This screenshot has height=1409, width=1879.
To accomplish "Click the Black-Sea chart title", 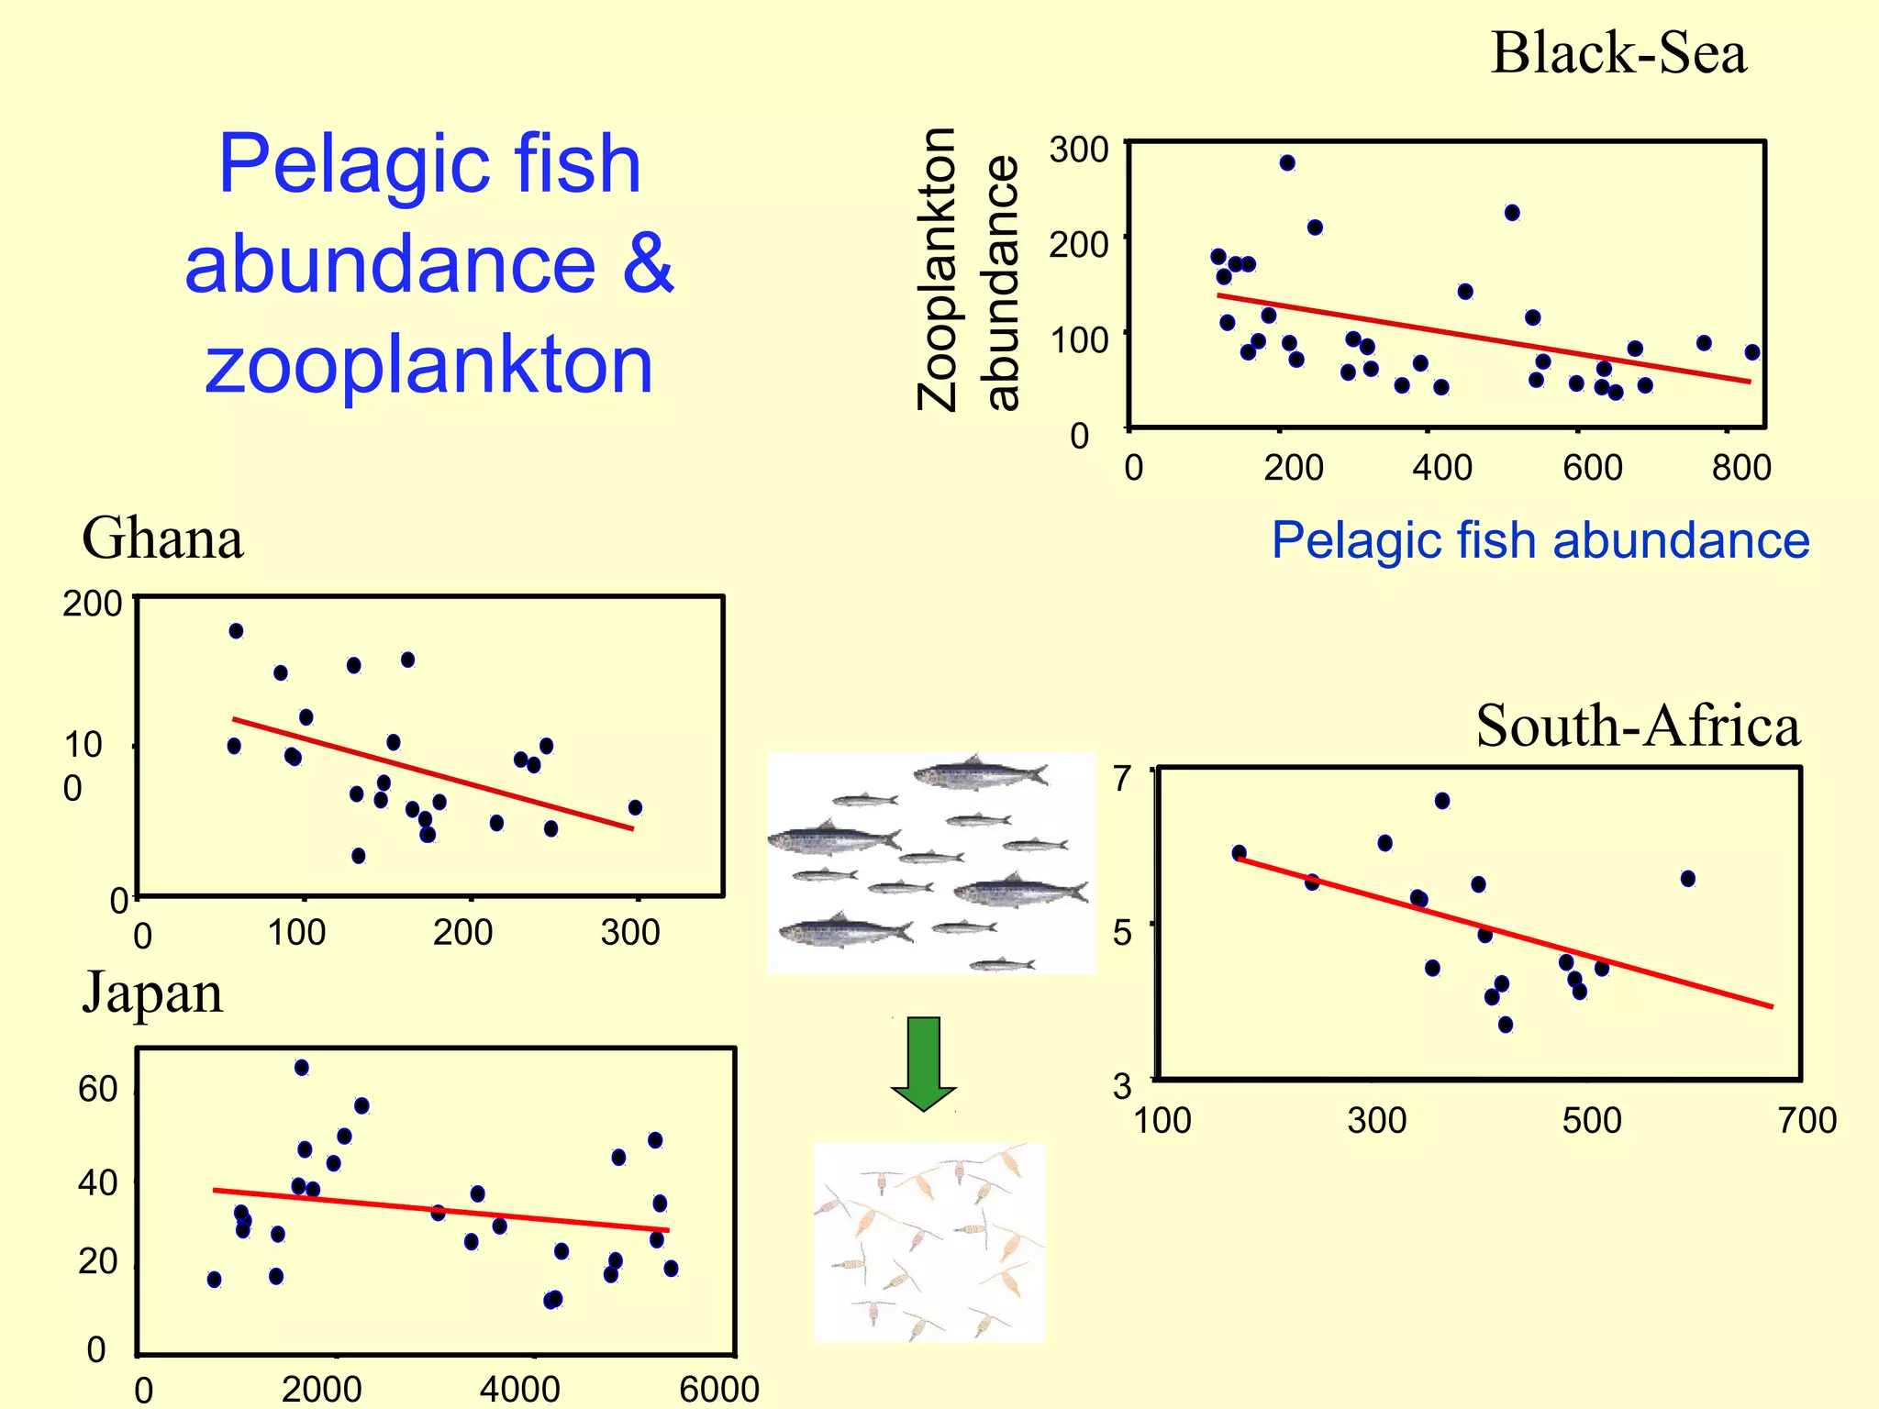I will click(x=1618, y=53).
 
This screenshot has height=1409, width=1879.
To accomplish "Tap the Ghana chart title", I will click(x=162, y=538).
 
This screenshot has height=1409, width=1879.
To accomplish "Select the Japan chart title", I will click(x=152, y=993).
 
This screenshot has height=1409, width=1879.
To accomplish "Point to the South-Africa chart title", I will click(x=1637, y=727).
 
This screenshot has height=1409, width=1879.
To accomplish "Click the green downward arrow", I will click(x=924, y=1063).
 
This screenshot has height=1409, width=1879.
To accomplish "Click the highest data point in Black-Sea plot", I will click(x=1287, y=163).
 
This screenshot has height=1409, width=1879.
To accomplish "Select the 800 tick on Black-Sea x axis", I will click(x=1740, y=468).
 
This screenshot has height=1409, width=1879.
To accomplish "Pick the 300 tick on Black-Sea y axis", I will click(x=1079, y=150).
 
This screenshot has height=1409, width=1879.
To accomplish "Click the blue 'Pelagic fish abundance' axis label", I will click(x=1540, y=540).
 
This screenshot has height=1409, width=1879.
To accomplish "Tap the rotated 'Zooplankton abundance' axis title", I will click(x=969, y=270).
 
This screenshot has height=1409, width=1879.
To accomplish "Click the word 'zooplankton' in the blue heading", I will click(x=428, y=364).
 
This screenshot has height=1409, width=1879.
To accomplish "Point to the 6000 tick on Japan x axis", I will click(x=718, y=1389).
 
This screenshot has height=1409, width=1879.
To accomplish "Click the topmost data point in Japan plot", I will click(x=302, y=1068).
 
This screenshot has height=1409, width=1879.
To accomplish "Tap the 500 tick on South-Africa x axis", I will click(x=1591, y=1120).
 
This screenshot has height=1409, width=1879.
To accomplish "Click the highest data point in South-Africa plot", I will click(x=1442, y=801).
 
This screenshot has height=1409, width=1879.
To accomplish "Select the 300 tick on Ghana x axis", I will click(x=630, y=933).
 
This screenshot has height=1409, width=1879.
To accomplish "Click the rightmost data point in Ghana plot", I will click(x=635, y=808).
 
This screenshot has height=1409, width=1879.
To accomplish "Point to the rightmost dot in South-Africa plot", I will click(x=1688, y=879).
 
